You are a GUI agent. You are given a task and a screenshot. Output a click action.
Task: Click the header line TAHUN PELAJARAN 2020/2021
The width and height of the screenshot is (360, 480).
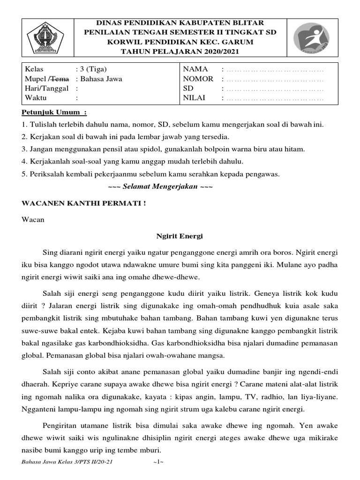pos(180,51)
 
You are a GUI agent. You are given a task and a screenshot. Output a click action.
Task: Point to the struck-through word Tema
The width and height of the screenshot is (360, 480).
pos(66,79)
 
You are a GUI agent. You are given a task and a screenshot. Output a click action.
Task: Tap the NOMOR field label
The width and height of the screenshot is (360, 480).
pos(198,79)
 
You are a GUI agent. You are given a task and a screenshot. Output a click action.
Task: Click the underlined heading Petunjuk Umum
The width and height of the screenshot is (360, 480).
pos(54,113)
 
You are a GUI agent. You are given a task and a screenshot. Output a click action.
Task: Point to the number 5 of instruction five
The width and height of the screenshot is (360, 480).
pos(23,174)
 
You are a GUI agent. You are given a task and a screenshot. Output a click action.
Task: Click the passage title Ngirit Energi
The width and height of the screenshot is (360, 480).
pos(180,237)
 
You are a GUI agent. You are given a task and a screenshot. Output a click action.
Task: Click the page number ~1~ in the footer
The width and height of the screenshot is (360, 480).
pos(157,462)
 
